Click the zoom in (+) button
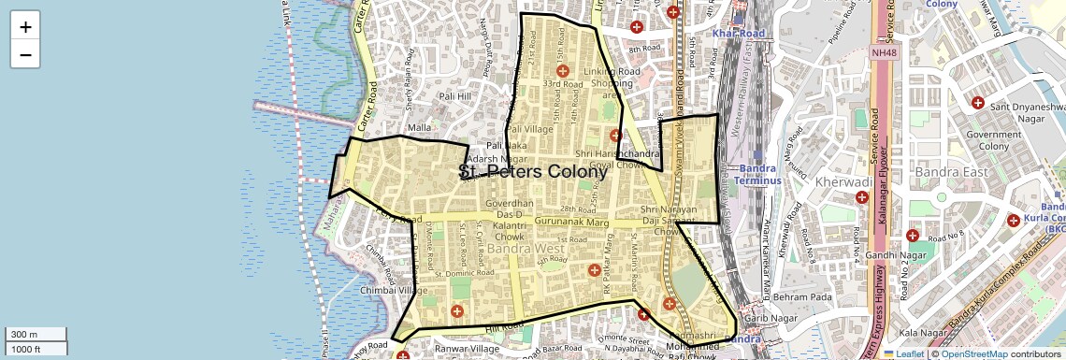click(x=25, y=26)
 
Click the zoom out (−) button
click(x=25, y=54)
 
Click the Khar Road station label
click(x=738, y=33)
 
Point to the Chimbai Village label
click(x=394, y=290)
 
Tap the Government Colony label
click(x=994, y=140)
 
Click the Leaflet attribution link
click(x=903, y=353)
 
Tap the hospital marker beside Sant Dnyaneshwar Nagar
click(x=978, y=102)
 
